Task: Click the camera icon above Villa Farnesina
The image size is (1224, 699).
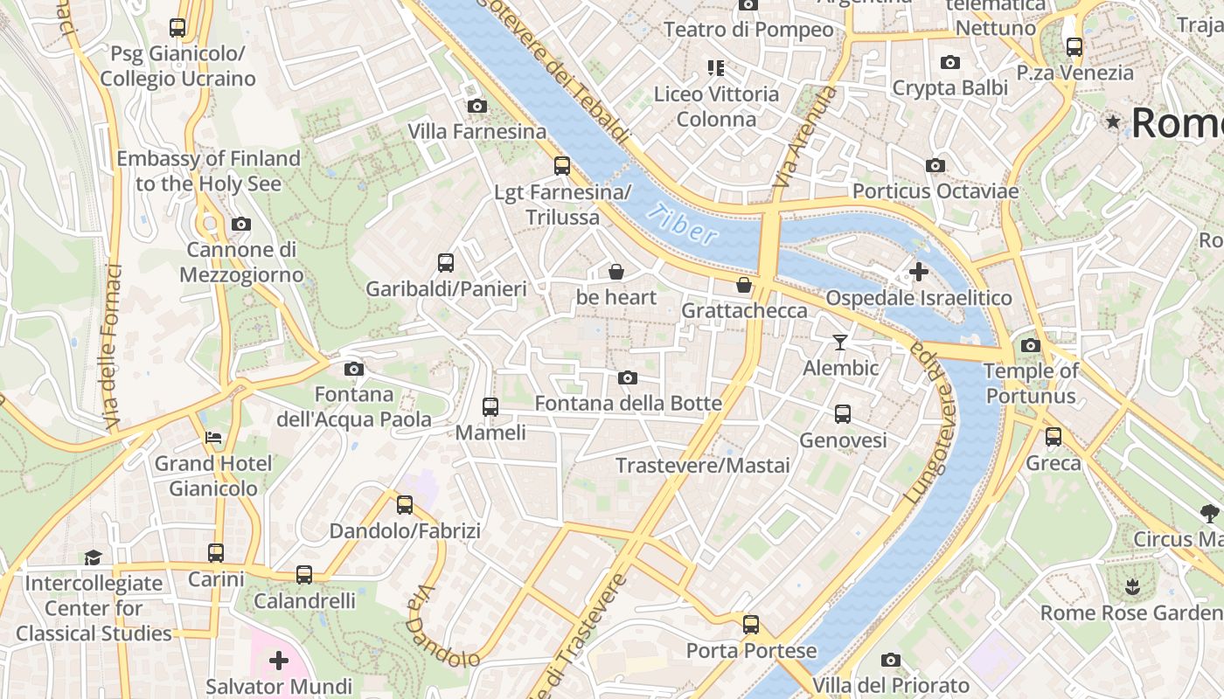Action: tap(476, 107)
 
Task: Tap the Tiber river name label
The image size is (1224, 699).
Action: tap(684, 224)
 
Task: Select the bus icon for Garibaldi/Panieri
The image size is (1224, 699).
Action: tap(446, 262)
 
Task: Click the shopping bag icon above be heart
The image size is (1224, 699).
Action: tap(616, 272)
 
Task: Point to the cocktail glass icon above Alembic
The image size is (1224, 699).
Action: tap(840, 342)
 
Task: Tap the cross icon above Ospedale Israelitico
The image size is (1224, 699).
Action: tap(919, 272)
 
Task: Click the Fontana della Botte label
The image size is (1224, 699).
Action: tap(628, 403)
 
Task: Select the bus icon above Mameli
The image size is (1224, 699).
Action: tap(490, 406)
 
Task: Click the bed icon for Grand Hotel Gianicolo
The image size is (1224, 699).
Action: tap(213, 437)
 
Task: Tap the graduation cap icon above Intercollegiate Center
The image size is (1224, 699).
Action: tap(93, 557)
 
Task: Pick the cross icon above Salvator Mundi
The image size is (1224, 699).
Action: tap(279, 660)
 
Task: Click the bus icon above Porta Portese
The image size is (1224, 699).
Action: tap(751, 624)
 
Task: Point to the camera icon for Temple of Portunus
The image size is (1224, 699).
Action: tap(1031, 345)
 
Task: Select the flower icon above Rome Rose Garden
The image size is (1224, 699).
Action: tap(1132, 585)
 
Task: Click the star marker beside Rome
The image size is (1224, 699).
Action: tap(1113, 122)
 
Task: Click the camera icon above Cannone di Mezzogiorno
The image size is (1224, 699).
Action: tap(241, 225)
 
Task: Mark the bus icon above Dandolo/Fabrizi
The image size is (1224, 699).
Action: tap(405, 504)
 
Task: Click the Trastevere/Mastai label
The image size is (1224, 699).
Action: tap(702, 465)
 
